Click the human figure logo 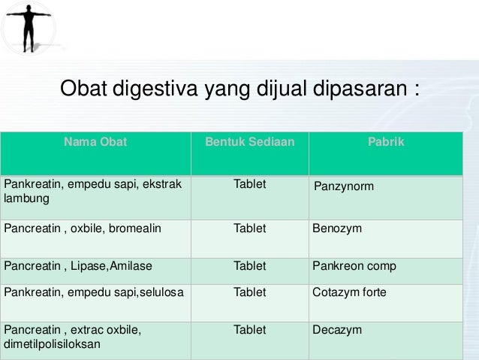(x=29, y=26)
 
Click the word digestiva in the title (x=154, y=91)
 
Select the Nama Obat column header (x=95, y=141)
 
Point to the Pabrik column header (x=386, y=141)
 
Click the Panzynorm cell (x=343, y=185)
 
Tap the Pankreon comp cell (x=354, y=266)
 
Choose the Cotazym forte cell (x=349, y=292)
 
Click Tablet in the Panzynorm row (x=249, y=183)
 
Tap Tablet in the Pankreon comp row (x=249, y=266)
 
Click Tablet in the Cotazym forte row (x=249, y=292)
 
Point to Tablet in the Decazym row (x=249, y=330)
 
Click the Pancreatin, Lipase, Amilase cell (x=72, y=266)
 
